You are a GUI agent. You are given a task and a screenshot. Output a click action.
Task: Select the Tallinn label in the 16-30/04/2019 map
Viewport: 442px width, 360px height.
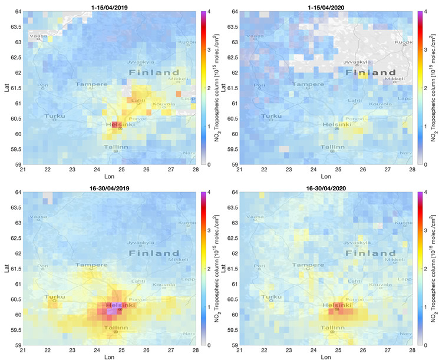click(116, 328)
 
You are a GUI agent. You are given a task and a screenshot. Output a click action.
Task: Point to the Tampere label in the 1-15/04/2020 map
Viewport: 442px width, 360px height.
click(309, 84)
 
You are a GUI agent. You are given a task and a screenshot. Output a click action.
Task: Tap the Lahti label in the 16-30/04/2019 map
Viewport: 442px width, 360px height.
click(138, 280)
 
